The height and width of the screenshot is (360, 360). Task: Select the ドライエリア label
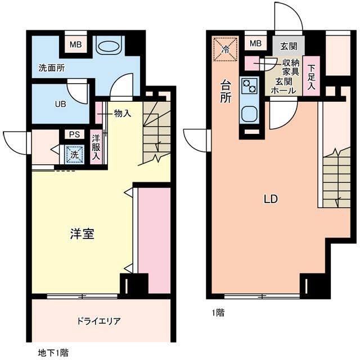pyautogui.click(x=99, y=321)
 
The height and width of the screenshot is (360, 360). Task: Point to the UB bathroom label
pyautogui.click(x=60, y=103)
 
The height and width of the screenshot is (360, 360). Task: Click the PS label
pyautogui.click(x=74, y=134)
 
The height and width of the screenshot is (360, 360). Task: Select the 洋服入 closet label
pyautogui.click(x=96, y=147)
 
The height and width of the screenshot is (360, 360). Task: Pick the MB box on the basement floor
pyautogui.click(x=75, y=44)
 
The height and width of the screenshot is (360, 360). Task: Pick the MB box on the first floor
pyautogui.click(x=255, y=43)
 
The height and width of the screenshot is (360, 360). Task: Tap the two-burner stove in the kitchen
pyautogui.click(x=249, y=85)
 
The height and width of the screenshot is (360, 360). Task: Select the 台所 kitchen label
pyautogui.click(x=224, y=92)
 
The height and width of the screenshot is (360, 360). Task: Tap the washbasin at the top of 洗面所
pyautogui.click(x=109, y=45)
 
